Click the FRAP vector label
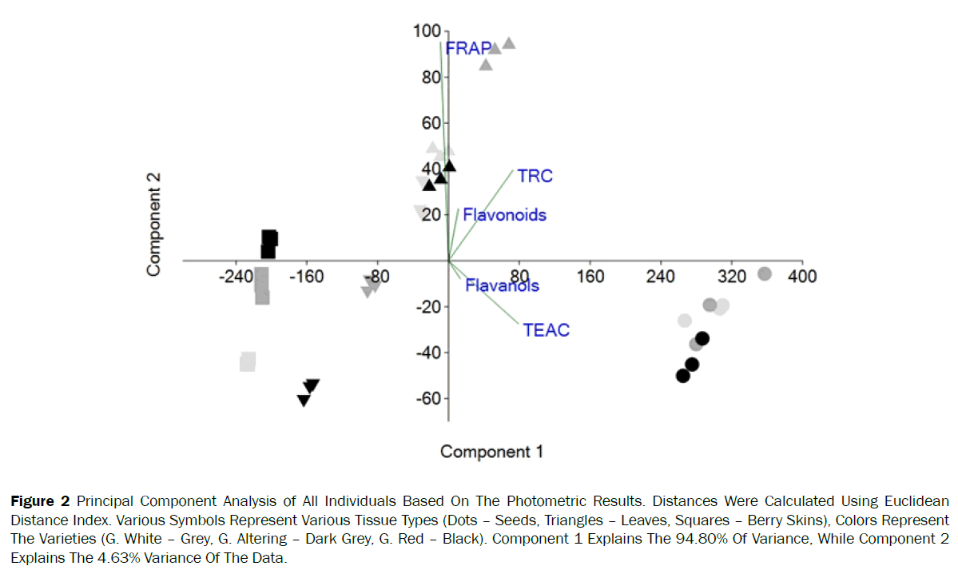[468, 48]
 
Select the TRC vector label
[535, 176]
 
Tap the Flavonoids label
[504, 214]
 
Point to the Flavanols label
[502, 285]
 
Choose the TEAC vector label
[547, 329]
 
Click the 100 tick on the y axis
[427, 31]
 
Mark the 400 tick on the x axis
[801, 276]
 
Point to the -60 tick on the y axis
[430, 398]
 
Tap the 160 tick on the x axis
[590, 276]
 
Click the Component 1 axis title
[491, 452]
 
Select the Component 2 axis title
[154, 225]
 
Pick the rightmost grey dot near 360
[764, 274]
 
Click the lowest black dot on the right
[683, 376]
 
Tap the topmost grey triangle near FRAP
[508, 43]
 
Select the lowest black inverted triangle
[304, 400]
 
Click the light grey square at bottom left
[248, 361]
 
